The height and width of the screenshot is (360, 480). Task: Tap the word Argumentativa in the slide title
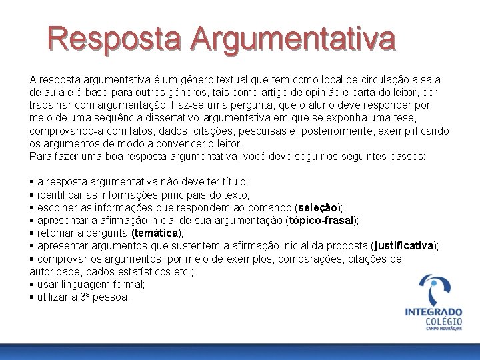tap(293, 39)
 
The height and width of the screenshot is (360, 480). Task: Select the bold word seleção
tap(319, 207)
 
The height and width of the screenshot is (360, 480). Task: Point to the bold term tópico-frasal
tap(321, 220)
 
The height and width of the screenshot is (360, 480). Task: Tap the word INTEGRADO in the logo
tap(433, 311)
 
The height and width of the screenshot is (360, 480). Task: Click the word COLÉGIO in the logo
tap(443, 323)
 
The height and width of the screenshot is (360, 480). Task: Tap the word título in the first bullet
tap(234, 181)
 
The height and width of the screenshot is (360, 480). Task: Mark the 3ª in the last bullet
tap(85, 297)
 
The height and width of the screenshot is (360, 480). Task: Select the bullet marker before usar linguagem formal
tap(32, 285)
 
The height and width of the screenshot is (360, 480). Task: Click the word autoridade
tap(53, 271)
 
